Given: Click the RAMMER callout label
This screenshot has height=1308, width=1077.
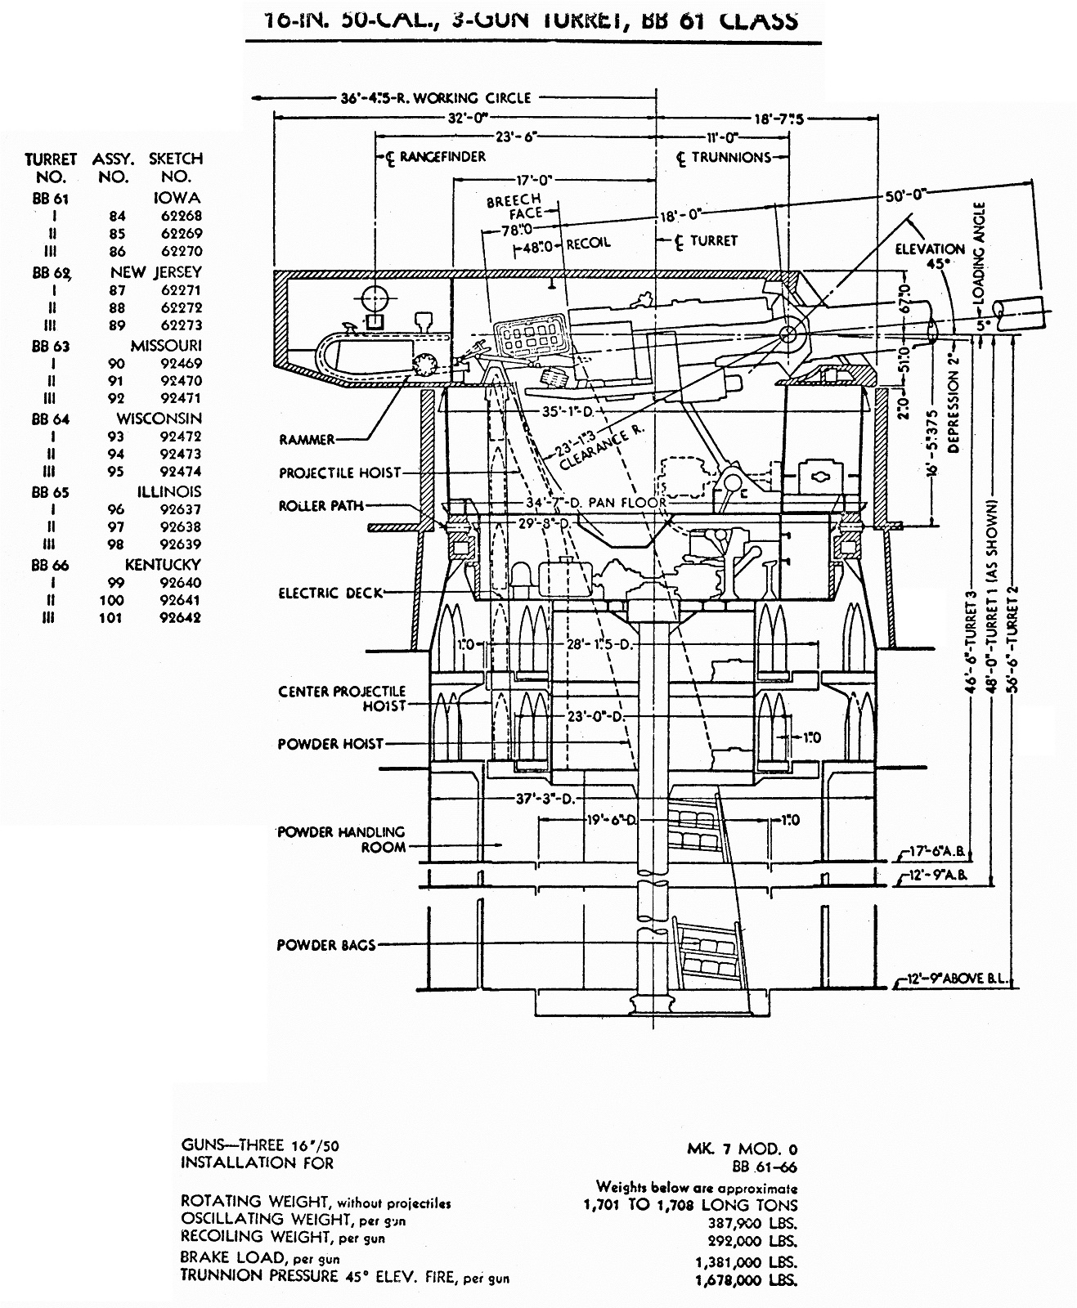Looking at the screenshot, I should [x=307, y=440].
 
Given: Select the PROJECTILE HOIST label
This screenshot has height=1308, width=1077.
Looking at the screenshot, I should [x=340, y=473].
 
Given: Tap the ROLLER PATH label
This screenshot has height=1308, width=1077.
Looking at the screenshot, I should [x=321, y=506].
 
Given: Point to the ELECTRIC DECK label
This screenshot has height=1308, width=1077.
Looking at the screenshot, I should [x=330, y=593].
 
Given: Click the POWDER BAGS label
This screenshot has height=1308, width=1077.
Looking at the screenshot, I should [x=325, y=945].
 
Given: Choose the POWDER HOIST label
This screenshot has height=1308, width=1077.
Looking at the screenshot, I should [x=330, y=744].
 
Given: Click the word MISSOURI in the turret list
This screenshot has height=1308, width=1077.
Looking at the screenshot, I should [x=166, y=346].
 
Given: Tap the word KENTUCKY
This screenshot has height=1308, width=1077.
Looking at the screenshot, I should [x=163, y=565].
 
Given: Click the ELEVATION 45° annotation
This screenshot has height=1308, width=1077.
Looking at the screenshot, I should [x=930, y=255].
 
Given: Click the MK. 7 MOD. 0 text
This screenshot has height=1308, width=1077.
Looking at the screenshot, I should [x=742, y=1149].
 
